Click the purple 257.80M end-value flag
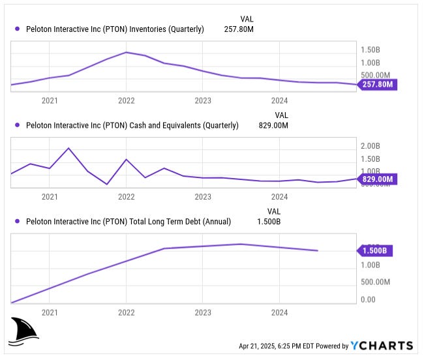[378, 85]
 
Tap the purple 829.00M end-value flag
[378, 179]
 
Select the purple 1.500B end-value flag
[376, 250]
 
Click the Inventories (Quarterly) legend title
[114, 29]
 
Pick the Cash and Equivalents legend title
[132, 125]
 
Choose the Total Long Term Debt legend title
[128, 221]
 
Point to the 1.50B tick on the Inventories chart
[371, 50]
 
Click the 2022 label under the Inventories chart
[126, 100]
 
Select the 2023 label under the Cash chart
[203, 196]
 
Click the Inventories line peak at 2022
[126, 52]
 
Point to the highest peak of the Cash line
[68, 148]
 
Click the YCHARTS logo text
[382, 346]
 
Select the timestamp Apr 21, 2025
[264, 346]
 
